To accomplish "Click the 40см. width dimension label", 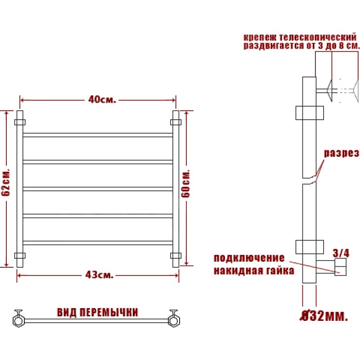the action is click(x=102, y=99).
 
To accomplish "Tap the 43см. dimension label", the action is click(x=99, y=274).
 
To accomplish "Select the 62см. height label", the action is click(x=6, y=182).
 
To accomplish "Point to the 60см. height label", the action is click(x=185, y=184).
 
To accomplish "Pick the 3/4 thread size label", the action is click(x=341, y=253).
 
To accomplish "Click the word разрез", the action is click(x=341, y=153).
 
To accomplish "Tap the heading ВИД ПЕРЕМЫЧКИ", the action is click(x=97, y=312).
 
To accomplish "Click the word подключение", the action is click(x=249, y=258).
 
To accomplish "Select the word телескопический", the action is click(x=318, y=37).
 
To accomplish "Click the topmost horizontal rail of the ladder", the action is click(x=98, y=135).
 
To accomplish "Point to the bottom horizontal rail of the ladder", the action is click(x=98, y=243).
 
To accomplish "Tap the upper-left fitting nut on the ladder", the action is click(x=20, y=122).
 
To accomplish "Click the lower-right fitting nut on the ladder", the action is click(x=176, y=256).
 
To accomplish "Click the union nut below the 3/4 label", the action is click(x=341, y=267).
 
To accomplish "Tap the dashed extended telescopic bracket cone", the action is click(x=355, y=91).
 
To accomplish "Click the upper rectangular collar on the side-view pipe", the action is click(x=310, y=113).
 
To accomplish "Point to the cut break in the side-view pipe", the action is click(x=309, y=181).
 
